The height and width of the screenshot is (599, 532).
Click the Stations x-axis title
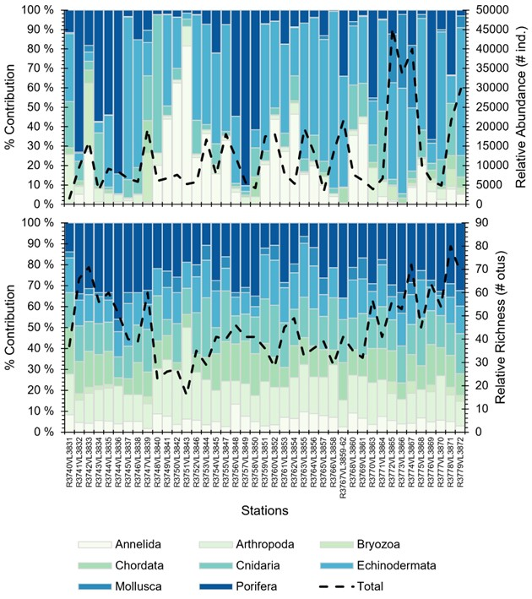[x=265, y=511]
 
